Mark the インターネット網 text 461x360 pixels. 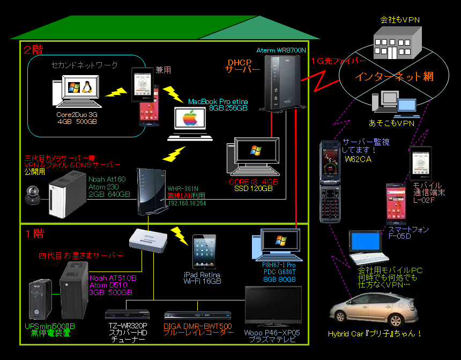394,77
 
